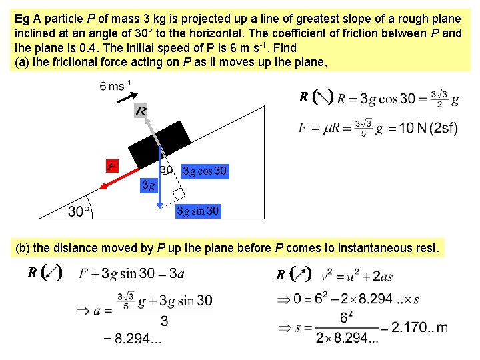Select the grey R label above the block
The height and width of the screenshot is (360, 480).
click(x=140, y=111)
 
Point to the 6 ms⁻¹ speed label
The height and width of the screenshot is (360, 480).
click(x=115, y=86)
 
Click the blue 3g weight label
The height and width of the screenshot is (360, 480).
click(x=149, y=185)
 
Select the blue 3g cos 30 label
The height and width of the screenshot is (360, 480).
click(x=205, y=171)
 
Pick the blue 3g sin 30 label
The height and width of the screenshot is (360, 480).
click(x=198, y=211)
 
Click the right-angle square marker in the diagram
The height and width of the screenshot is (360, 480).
click(x=178, y=195)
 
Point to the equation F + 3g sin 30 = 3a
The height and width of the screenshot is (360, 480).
click(x=131, y=274)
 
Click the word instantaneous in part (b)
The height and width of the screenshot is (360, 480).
click(x=377, y=248)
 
